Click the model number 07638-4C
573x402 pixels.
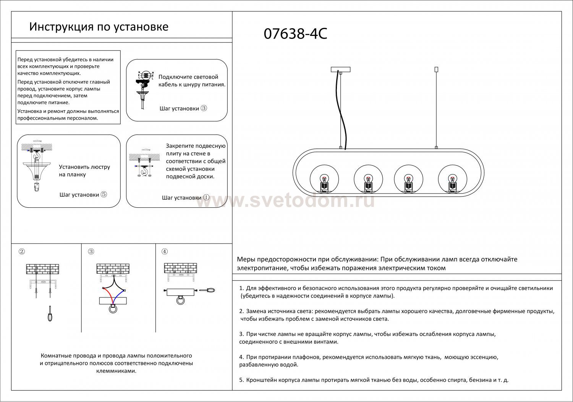coord(295,34)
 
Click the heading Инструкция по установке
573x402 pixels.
coord(99,27)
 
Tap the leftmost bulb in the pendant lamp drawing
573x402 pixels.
coord(324,179)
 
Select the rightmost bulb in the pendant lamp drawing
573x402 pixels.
coord(452,179)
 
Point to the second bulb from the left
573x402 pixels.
coord(368,179)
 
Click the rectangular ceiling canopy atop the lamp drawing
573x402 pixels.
coord(340,69)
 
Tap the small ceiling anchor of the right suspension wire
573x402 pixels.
coord(437,69)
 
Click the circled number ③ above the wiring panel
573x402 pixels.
coord(91,252)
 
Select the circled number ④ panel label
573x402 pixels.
coord(165,252)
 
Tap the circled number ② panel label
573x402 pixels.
coord(22,252)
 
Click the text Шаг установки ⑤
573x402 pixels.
coord(83,195)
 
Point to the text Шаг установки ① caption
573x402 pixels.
coord(186,198)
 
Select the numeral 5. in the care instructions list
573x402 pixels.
coord(241,381)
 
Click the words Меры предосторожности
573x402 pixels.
coord(275,260)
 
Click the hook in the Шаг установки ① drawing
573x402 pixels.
coord(144,173)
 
